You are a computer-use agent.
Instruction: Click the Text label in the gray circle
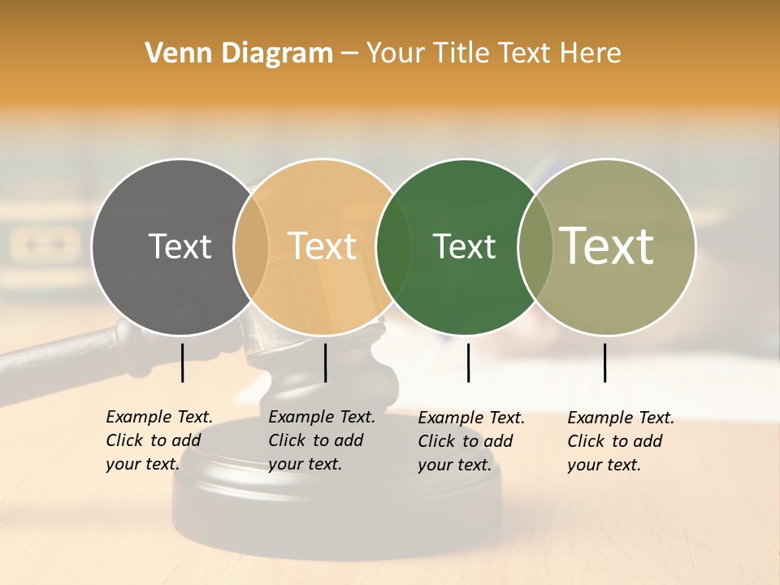coord(180,246)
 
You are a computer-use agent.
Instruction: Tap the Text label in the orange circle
coord(323,246)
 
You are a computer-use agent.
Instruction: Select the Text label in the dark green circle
coord(464,246)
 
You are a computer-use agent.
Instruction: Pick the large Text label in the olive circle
coord(607,246)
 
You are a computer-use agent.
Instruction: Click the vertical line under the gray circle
coord(183,362)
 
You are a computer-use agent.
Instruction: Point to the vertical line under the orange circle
coord(325,362)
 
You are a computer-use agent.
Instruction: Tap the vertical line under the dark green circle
coord(468,362)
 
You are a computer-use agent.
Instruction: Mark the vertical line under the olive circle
coord(605,362)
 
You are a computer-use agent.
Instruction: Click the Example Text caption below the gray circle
coord(158,440)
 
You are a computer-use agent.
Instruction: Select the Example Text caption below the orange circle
coord(321,440)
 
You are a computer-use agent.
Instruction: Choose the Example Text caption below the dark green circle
coord(470,441)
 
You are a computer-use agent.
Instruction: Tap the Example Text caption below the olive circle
coord(620,441)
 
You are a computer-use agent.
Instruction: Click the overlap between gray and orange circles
coord(251,246)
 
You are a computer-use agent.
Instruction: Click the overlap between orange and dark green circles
coord(394,246)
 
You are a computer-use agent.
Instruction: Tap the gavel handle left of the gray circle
coord(49,357)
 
